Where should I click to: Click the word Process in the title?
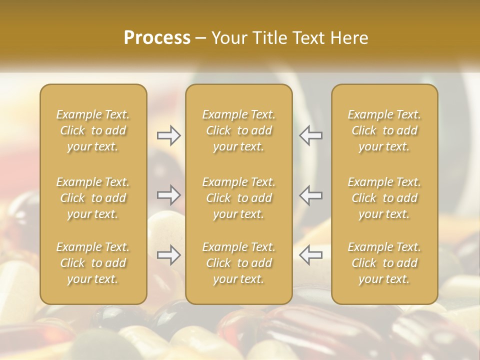157,37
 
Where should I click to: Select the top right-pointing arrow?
168,135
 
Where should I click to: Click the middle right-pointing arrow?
168,195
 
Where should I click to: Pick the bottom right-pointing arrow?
168,255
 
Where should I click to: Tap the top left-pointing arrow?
310,135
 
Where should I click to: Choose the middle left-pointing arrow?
310,195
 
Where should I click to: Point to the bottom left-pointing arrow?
310,255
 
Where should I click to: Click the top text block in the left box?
93,130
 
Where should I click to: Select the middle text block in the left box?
93,198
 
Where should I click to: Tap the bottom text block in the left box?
93,263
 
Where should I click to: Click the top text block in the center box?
238,130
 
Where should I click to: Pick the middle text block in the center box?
238,198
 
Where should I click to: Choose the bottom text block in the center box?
238,263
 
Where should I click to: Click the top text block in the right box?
384,130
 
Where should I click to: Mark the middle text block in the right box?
384,198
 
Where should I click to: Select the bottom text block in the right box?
384,263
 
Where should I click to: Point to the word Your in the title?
228,37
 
